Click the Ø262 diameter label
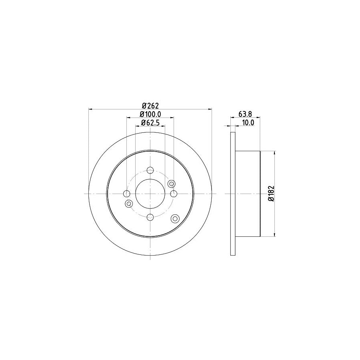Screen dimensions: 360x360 point(150,106)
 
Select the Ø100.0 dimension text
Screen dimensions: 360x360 point(150,114)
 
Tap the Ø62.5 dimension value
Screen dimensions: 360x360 point(150,123)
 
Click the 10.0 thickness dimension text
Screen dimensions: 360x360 point(248,123)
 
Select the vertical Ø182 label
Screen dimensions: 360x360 point(270,194)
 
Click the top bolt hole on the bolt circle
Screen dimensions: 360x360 point(150,170)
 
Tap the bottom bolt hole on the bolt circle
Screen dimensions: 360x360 point(150,217)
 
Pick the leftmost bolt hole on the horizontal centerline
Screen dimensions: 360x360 point(127,194)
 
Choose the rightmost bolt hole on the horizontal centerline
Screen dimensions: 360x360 point(174,194)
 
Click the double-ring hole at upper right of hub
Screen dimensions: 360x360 point(172,184)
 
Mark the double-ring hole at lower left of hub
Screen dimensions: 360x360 point(129,204)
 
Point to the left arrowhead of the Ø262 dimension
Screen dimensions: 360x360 point(90,109)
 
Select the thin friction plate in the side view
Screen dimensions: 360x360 point(233,194)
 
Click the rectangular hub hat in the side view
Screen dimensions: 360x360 point(248,194)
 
